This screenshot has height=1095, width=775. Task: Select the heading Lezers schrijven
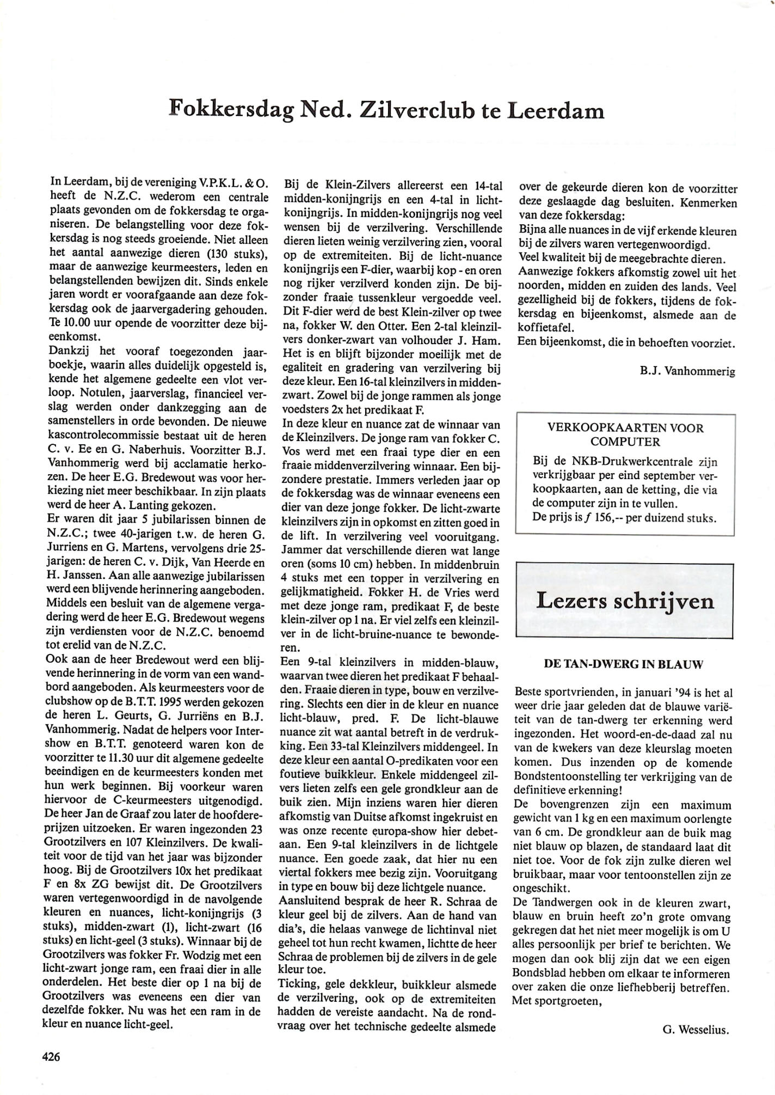tap(625, 601)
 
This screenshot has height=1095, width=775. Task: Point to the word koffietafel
tap(546, 328)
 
